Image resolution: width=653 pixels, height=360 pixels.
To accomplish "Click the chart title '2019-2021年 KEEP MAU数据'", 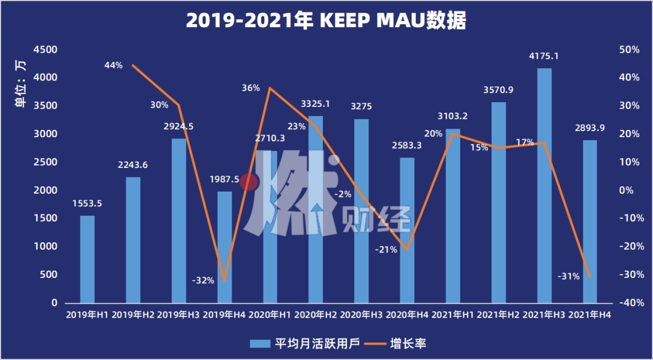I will tap(326, 21).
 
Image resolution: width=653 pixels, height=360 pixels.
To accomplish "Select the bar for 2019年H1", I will tap(88, 259).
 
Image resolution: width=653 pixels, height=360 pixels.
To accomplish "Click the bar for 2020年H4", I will tap(408, 230).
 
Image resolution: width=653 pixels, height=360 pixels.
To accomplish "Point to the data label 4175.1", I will tap(544, 57).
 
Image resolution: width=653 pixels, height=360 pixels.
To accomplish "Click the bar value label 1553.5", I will tap(87, 204).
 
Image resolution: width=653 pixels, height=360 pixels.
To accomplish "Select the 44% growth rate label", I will tap(113, 65).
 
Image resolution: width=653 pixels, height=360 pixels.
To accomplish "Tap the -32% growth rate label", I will tap(203, 280).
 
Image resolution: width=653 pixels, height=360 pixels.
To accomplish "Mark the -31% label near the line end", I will tap(569, 276).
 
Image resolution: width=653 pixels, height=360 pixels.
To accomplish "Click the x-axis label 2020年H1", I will tap(271, 316).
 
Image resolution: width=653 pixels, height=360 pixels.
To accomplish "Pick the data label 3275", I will tap(361, 107).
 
